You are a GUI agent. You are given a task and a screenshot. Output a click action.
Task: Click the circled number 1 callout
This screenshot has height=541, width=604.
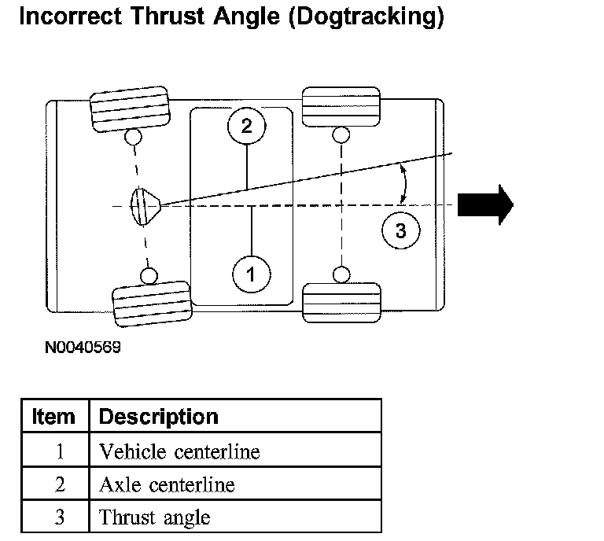click(252, 274)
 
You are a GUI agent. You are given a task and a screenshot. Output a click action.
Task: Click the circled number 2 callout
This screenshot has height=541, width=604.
click(247, 126)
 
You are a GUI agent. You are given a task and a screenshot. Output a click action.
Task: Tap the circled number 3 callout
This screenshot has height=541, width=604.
click(400, 230)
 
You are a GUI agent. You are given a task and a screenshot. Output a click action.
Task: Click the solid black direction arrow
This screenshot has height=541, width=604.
click(485, 204)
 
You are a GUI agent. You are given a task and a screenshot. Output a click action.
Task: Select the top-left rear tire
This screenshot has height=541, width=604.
click(131, 112)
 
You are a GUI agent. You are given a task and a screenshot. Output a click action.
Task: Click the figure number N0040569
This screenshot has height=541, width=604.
click(83, 347)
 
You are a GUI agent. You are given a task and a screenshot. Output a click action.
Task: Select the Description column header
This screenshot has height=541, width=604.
click(159, 416)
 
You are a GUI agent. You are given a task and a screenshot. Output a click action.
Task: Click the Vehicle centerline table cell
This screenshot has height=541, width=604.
click(179, 451)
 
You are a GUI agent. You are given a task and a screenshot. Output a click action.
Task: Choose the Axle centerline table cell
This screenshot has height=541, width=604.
click(167, 484)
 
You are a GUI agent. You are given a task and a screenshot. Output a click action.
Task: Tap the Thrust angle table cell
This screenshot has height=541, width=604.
click(155, 517)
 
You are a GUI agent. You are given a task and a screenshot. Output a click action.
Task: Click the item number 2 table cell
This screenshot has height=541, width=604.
click(60, 484)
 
